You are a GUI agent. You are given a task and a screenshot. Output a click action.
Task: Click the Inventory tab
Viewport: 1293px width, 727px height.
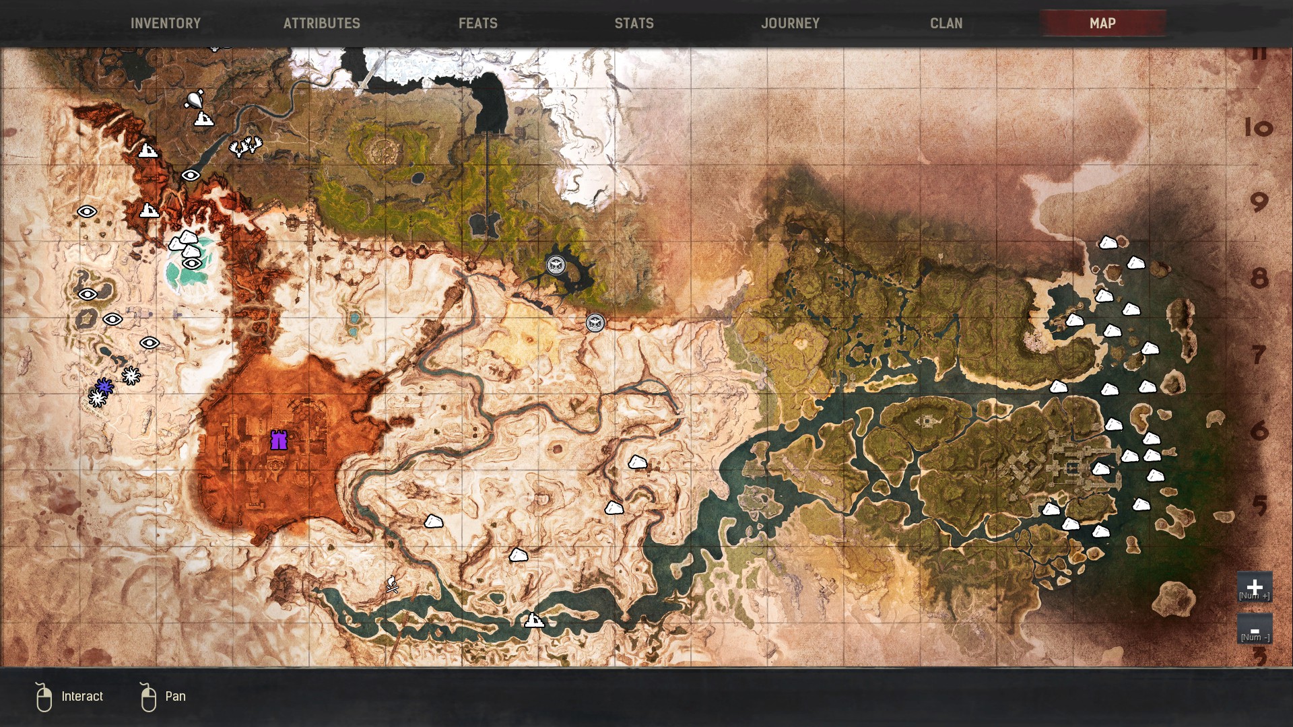[166, 23]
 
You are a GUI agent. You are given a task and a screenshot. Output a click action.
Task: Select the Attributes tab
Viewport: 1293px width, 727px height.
[322, 23]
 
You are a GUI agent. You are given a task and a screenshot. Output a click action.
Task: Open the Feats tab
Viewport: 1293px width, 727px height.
[478, 23]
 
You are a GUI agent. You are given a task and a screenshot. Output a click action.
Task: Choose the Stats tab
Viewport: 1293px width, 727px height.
[634, 23]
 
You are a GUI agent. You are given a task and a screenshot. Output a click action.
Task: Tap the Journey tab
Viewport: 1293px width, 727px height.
[790, 23]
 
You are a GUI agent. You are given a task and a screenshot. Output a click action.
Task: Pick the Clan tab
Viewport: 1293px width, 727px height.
[946, 23]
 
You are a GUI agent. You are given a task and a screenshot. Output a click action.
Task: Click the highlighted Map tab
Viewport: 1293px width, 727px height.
[1102, 23]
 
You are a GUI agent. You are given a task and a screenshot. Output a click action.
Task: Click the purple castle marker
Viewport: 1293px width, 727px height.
[279, 441]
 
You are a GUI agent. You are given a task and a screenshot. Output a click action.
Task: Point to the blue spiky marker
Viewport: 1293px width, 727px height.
[104, 386]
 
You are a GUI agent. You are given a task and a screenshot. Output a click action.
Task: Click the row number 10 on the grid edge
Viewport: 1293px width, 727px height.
[1258, 127]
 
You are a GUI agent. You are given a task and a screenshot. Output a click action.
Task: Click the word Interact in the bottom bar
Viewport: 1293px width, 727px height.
[82, 696]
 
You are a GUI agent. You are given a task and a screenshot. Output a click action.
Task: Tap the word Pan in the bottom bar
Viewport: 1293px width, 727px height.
[175, 696]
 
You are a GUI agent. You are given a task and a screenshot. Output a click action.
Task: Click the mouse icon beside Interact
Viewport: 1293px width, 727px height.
[44, 697]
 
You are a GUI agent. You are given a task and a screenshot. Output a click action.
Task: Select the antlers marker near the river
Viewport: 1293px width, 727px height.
[245, 146]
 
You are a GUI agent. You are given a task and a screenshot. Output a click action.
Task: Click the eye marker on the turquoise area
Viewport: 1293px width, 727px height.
[192, 263]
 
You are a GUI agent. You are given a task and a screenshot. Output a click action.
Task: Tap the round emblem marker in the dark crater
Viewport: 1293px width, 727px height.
[556, 265]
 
